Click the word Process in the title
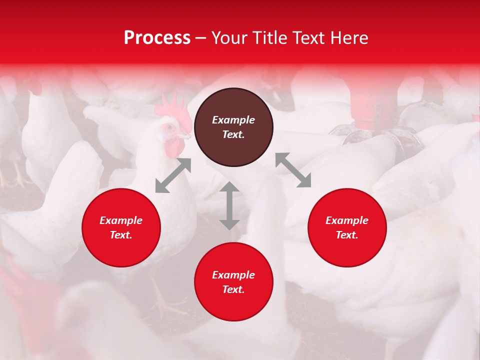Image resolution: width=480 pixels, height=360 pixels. [x=157, y=38]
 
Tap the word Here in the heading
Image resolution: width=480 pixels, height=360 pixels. [x=348, y=38]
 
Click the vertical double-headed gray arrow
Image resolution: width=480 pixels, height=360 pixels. [x=229, y=205]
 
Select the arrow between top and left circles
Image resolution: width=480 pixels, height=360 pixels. [x=173, y=175]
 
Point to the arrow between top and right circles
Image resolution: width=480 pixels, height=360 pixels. [x=293, y=170]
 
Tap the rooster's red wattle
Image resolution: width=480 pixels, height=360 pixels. [x=174, y=146]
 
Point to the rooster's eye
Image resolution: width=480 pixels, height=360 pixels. [x=169, y=127]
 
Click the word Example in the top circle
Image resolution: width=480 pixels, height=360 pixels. [x=233, y=120]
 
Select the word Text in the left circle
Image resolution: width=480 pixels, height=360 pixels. [x=121, y=235]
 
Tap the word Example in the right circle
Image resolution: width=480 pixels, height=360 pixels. [x=347, y=220]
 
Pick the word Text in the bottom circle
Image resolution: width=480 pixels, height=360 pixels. [x=233, y=289]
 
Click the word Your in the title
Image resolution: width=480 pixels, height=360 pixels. [x=228, y=38]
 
